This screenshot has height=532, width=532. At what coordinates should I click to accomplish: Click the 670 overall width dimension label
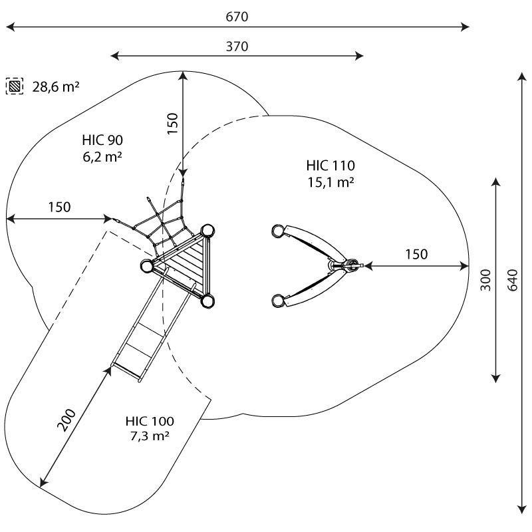[x=237, y=17]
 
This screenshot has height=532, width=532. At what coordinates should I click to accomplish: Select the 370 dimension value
[x=237, y=47]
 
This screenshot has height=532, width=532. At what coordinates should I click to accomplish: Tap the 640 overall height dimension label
[x=512, y=280]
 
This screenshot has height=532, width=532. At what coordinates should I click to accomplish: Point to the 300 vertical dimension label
[x=485, y=280]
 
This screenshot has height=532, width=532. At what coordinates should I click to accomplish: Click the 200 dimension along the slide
[x=66, y=420]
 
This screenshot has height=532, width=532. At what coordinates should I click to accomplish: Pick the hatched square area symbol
[x=15, y=86]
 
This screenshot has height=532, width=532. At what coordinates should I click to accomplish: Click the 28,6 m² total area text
[x=56, y=87]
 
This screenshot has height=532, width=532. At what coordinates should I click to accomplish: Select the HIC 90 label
[x=102, y=140]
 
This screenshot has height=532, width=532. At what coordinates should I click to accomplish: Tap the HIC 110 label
[x=331, y=165]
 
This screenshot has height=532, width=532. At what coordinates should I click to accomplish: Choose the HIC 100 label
[x=150, y=421]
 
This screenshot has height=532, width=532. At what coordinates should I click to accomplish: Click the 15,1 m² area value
[x=331, y=182]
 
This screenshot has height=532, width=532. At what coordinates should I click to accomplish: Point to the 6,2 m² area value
[x=102, y=157]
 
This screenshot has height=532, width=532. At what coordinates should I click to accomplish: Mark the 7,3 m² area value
[x=150, y=436]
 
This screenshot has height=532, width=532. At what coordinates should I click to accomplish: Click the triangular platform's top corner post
[x=207, y=231]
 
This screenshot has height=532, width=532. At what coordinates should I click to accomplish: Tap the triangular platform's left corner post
[x=147, y=265]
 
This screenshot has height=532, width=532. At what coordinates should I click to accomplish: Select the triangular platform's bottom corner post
[x=207, y=301]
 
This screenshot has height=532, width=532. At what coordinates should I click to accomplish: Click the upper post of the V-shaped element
[x=278, y=231]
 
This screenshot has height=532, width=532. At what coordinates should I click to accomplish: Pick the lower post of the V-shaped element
[x=278, y=301]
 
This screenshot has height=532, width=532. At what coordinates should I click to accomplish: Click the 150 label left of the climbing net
[x=59, y=207]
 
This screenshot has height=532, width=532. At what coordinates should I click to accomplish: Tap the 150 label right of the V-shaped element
[x=416, y=254]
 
